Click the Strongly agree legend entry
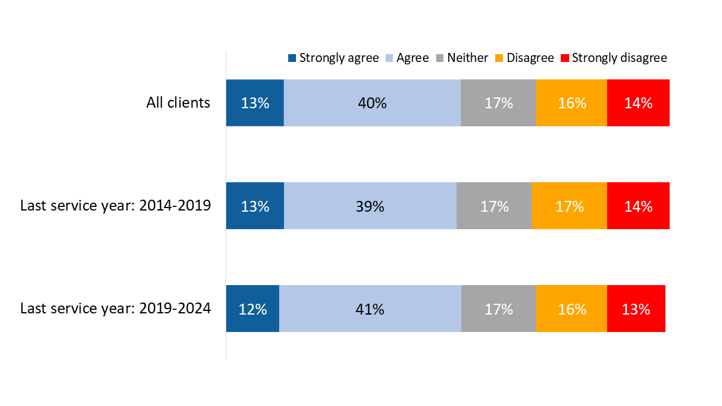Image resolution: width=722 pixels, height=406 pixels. click(333, 58)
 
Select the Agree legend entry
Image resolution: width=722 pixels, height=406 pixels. click(406, 58)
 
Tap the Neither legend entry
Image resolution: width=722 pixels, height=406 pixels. click(461, 58)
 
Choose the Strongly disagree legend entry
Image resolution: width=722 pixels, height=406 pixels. click(614, 58)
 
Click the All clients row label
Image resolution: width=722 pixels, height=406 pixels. click(178, 103)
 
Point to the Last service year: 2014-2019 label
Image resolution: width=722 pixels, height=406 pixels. click(116, 206)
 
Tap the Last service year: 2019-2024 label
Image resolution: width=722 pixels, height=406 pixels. click(116, 309)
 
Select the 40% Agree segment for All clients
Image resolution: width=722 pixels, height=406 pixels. click(372, 103)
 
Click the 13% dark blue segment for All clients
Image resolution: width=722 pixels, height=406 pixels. click(255, 103)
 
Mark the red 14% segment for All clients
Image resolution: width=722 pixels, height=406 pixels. click(638, 103)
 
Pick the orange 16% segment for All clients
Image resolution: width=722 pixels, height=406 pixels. click(571, 103)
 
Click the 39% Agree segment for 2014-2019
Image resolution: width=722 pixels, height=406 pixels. click(370, 206)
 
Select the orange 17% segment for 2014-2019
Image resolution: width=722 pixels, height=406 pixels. click(569, 206)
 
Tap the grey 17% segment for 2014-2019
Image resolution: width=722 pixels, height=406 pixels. click(494, 206)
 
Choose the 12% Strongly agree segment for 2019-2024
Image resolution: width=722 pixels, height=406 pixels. click(252, 309)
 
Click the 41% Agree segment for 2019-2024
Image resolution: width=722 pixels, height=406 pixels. click(370, 309)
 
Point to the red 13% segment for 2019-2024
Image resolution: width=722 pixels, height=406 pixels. click(636, 309)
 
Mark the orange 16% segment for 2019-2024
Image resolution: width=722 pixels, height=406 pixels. click(571, 309)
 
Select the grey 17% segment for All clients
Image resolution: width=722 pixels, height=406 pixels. click(498, 103)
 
